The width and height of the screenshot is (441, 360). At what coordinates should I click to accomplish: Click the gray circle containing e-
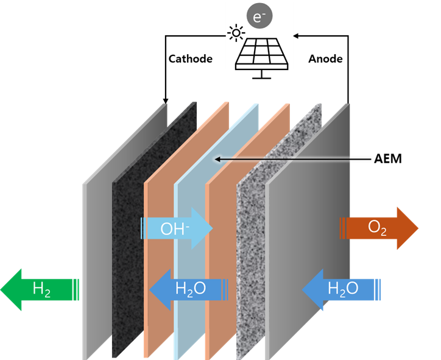[x=258, y=18]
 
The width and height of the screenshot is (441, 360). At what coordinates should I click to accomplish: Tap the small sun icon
[x=235, y=33]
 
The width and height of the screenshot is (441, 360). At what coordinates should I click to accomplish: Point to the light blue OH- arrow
[x=176, y=228]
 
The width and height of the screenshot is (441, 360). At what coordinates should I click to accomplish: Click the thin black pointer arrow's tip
[x=214, y=160]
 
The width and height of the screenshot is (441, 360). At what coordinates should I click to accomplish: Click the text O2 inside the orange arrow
[x=377, y=228]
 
